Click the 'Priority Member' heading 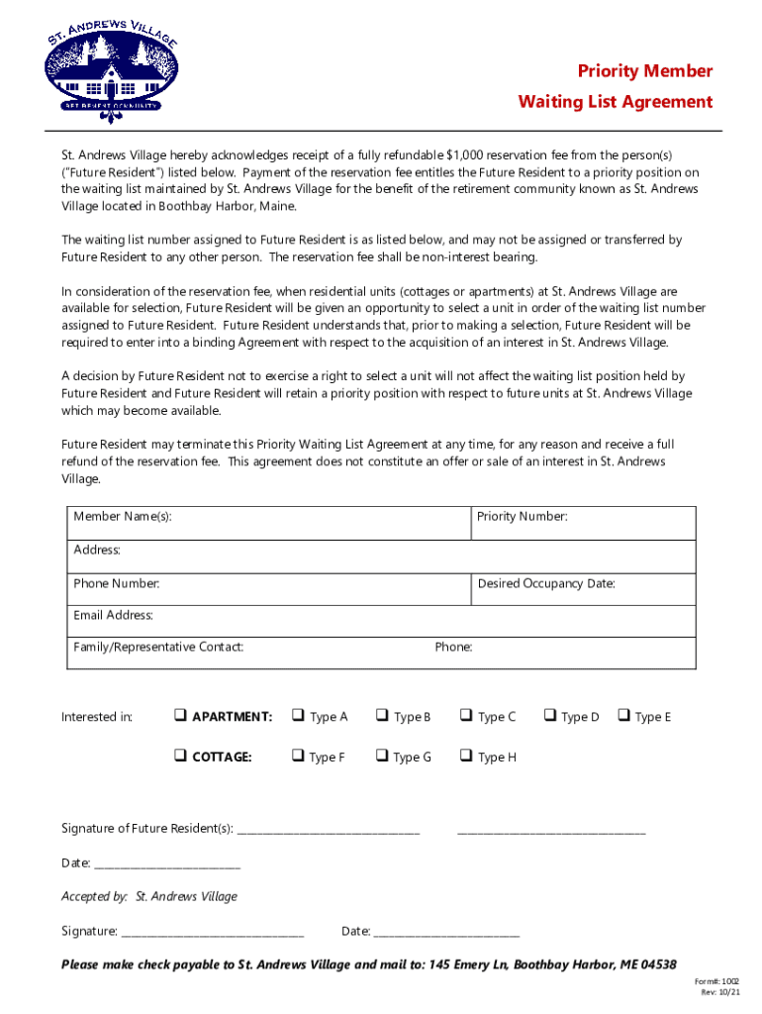click(x=645, y=71)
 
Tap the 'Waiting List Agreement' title click(x=615, y=102)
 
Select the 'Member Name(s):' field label click(x=116, y=517)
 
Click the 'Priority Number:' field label click(x=522, y=517)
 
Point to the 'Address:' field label click(x=97, y=550)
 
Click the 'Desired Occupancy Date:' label click(x=545, y=583)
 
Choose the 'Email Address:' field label click(x=113, y=616)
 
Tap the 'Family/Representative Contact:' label click(x=158, y=648)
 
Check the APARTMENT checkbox click(x=181, y=716)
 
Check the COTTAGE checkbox click(x=181, y=757)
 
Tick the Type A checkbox click(x=297, y=716)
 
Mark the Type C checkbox click(x=465, y=716)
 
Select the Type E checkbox click(x=624, y=716)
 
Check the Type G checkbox click(x=381, y=757)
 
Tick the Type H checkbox click(x=465, y=757)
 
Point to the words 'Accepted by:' click(x=94, y=896)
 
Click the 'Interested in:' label click(x=97, y=717)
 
